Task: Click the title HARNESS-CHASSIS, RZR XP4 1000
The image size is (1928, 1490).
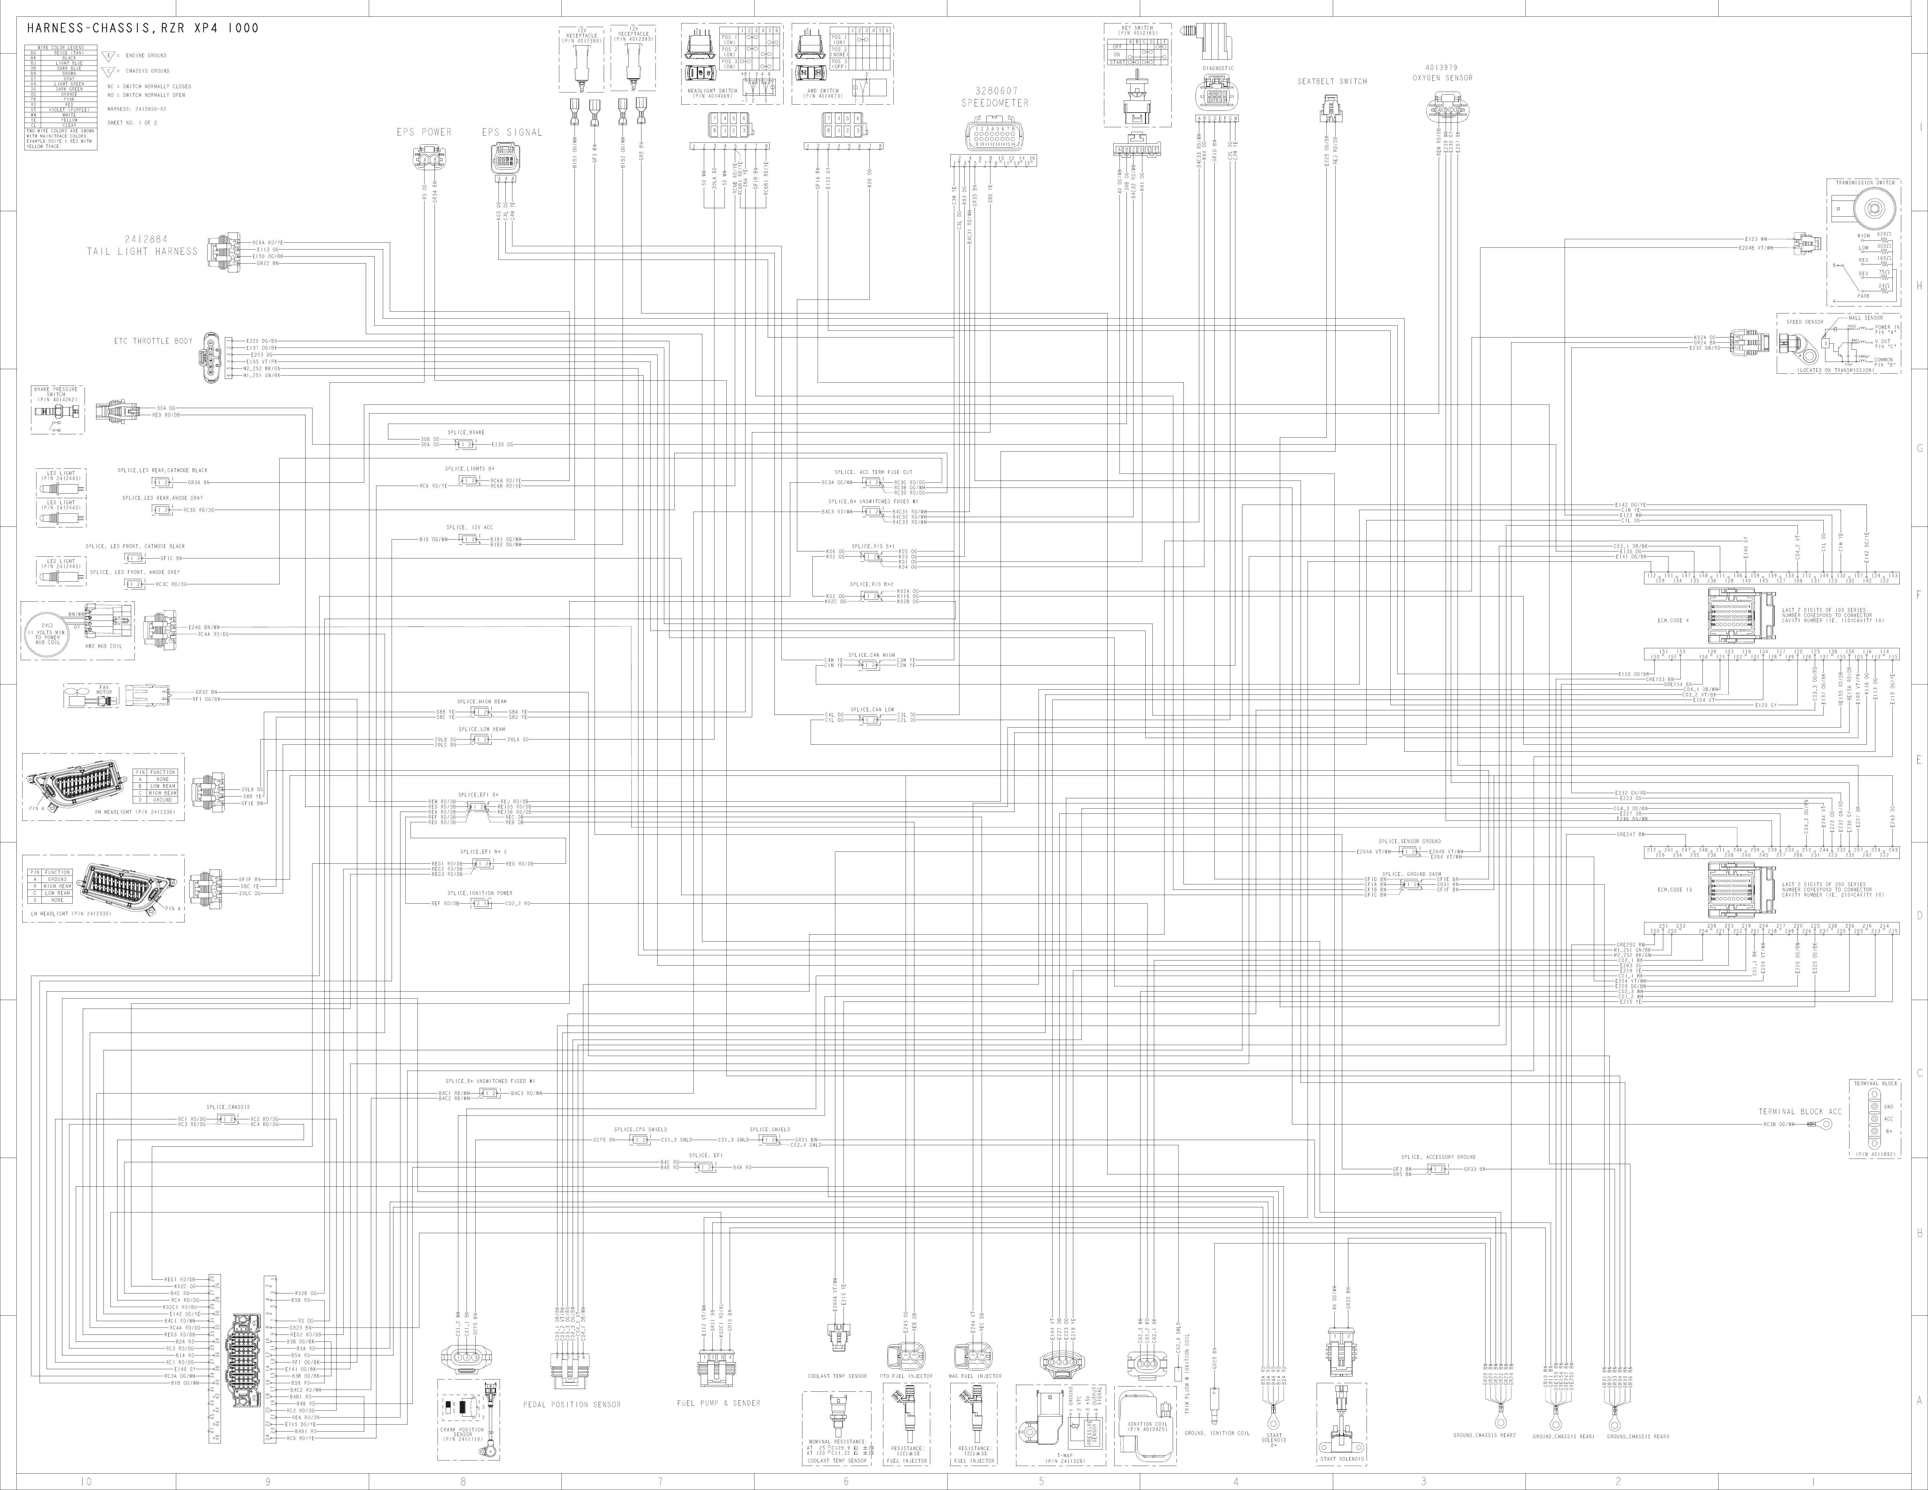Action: click(x=143, y=28)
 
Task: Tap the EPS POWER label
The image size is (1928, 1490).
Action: click(x=424, y=132)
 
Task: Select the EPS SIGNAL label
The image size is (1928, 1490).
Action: click(x=512, y=132)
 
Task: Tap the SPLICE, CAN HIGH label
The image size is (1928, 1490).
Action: click(x=871, y=655)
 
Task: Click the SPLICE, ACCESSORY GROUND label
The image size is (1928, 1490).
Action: click(x=1438, y=1156)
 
